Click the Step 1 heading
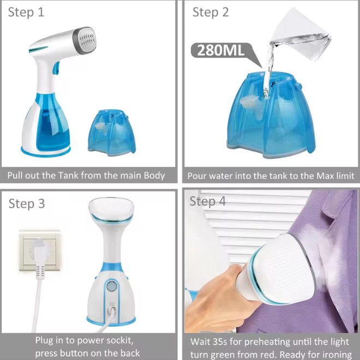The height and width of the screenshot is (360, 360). point(26,13)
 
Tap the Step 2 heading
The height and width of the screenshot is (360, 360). point(211,13)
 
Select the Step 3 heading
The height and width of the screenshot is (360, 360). point(27,203)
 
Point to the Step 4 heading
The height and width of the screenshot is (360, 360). point(208,201)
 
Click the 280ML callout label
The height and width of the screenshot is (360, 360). point(221,50)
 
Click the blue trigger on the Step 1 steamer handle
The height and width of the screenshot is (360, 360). point(56,68)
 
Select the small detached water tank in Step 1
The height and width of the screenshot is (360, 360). point(112,133)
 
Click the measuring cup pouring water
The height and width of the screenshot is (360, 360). point(301,35)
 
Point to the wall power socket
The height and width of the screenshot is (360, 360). point(39,250)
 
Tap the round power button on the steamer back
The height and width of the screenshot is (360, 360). point(112,286)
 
